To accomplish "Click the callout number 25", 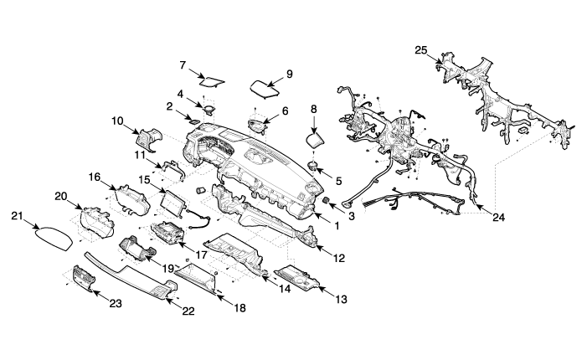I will click(421, 50).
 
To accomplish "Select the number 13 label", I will click(341, 299).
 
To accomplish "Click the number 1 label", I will click(337, 224).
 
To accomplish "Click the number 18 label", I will click(240, 308).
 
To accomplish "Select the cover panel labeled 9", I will click(266, 88).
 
